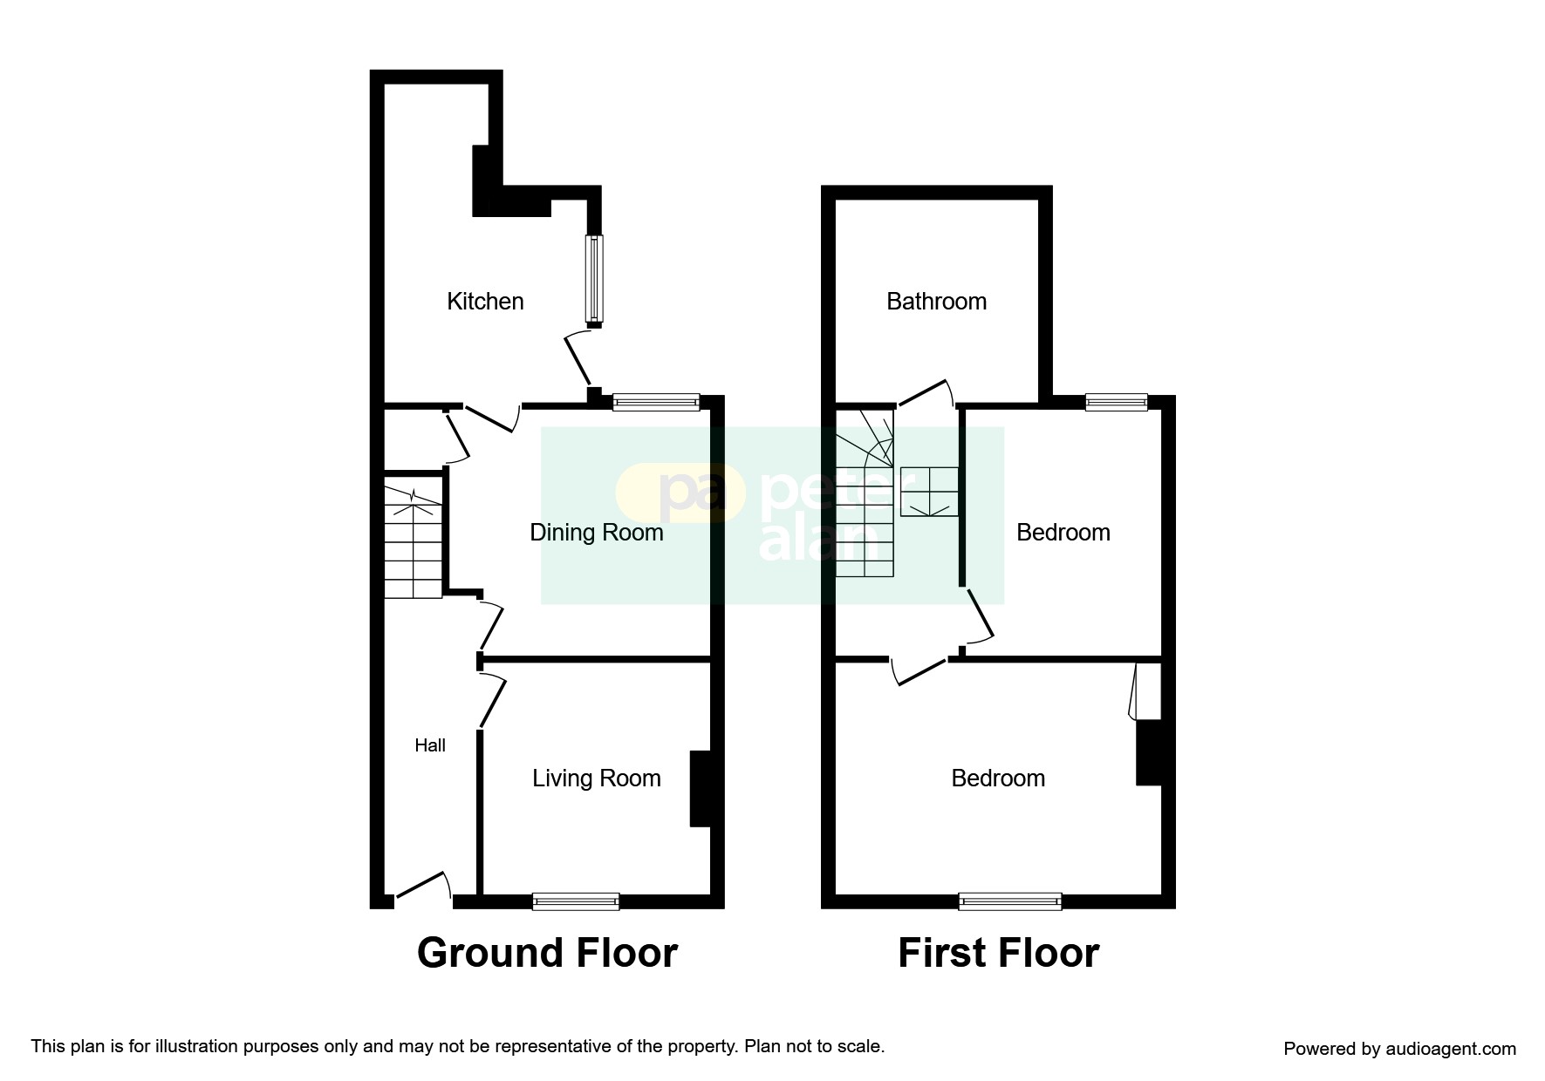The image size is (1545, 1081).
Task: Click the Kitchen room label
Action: point(485,302)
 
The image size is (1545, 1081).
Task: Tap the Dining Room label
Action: point(597,533)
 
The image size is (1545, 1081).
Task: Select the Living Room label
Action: point(597,778)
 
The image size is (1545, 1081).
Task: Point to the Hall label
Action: point(430,745)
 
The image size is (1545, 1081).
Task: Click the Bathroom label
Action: point(936,302)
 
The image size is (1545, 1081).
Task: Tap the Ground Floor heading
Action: point(547,953)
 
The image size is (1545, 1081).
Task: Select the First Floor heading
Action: point(998,953)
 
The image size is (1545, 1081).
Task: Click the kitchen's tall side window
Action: point(593,279)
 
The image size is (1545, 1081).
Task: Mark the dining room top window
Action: point(656,401)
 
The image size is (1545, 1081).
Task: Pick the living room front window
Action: point(576,901)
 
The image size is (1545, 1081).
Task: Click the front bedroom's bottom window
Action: point(1010,901)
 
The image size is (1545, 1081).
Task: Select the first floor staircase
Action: point(865,497)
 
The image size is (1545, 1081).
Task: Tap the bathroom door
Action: point(925,393)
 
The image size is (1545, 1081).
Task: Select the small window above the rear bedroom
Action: point(1116,401)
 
